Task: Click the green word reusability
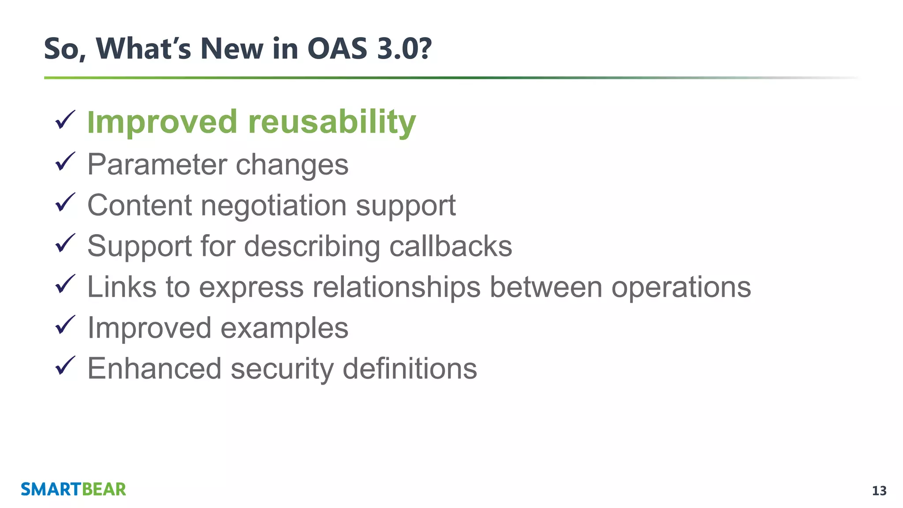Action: pyautogui.click(x=332, y=122)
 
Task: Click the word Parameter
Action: pyautogui.click(x=157, y=164)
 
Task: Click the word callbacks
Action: pyautogui.click(x=451, y=246)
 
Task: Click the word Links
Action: pyautogui.click(x=122, y=287)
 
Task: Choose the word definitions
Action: pyautogui.click(x=410, y=369)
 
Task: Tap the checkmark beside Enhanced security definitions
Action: pyautogui.click(x=65, y=366)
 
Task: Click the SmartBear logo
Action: pyautogui.click(x=73, y=489)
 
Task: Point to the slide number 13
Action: pyautogui.click(x=879, y=491)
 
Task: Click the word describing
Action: pyautogui.click(x=312, y=247)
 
